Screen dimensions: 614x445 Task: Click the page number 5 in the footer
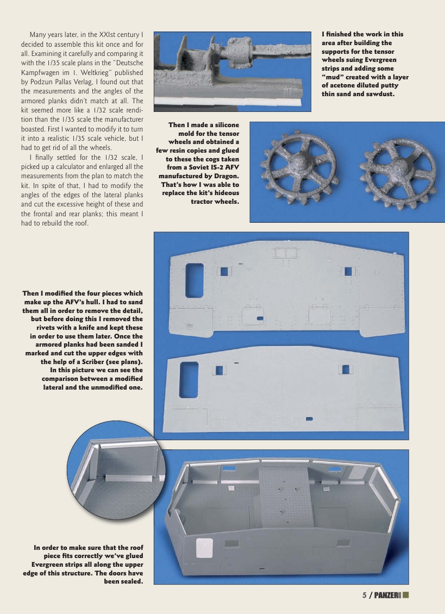point(365,595)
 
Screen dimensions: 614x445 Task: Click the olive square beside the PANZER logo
point(406,594)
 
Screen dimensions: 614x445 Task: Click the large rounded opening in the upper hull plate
point(194,280)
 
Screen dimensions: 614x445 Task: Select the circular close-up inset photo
point(115,484)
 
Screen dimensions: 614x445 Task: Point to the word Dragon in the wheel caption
point(224,176)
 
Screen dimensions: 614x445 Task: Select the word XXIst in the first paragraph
point(100,35)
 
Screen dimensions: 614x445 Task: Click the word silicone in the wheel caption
point(222,125)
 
